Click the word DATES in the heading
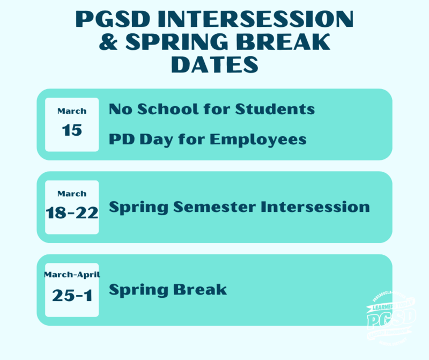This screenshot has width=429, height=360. pos(214,65)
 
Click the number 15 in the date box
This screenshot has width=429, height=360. pos(72,130)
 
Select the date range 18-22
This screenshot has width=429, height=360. pos(72,213)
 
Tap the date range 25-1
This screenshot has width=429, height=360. pos(72,295)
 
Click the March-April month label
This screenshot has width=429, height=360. pos(72,274)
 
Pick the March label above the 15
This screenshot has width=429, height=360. pos(72,111)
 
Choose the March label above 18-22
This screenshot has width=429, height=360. pos(72,194)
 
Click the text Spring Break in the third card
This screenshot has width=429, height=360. pos(168,290)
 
